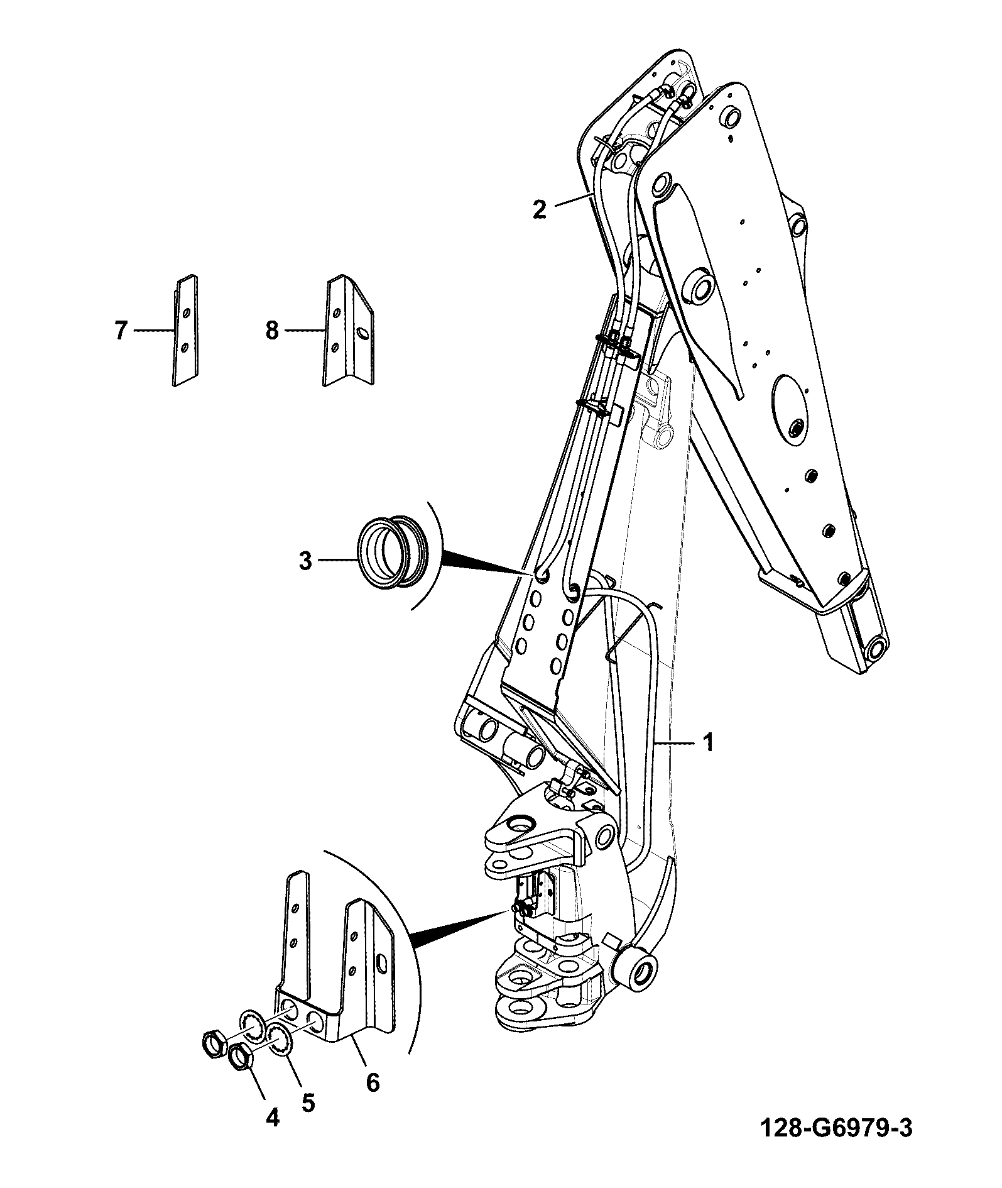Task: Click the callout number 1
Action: tap(709, 743)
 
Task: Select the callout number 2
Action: tap(540, 208)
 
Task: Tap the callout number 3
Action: tap(305, 561)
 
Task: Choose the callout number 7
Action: tap(121, 330)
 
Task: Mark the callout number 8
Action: tap(271, 330)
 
